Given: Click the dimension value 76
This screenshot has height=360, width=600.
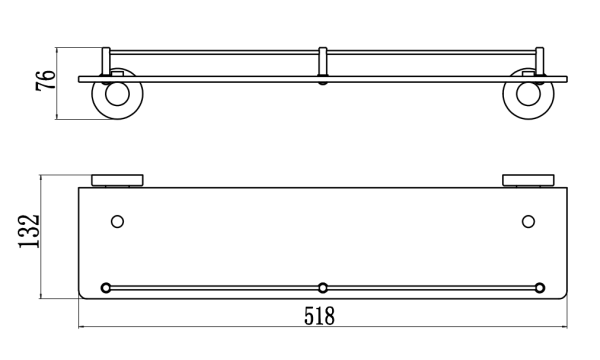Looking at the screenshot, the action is click(46, 80).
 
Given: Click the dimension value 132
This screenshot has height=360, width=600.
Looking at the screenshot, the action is click(29, 232).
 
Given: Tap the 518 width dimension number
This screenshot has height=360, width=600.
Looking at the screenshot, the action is click(319, 316).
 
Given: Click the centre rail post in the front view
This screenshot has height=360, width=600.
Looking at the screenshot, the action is click(323, 62).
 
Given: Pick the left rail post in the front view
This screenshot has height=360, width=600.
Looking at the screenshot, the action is click(106, 62).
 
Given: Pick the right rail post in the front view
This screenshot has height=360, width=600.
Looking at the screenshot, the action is click(539, 62).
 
